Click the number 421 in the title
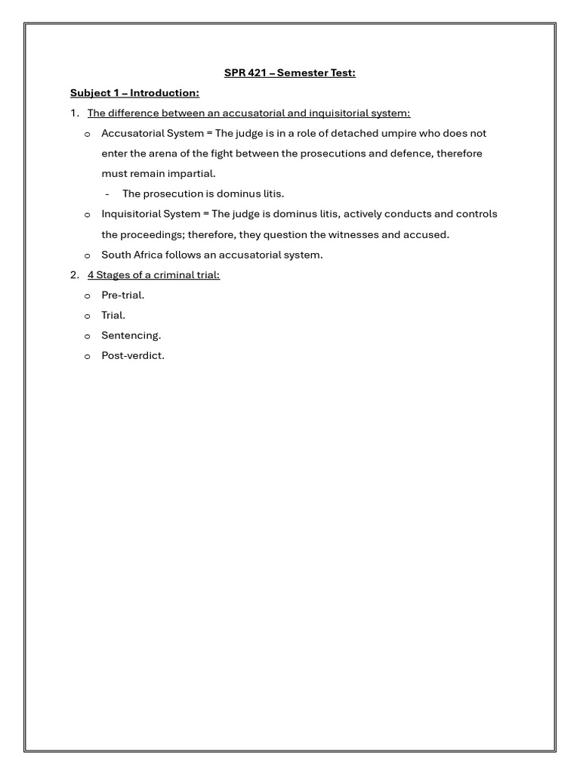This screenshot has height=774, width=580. point(258,73)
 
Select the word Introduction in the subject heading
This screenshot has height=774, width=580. point(165,93)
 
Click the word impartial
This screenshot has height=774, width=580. point(191,174)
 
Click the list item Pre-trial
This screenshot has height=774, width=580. point(122,296)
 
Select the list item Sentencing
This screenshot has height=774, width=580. point(131,336)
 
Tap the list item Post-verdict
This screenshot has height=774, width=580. point(132,356)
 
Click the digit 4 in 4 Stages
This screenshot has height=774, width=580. point(91,275)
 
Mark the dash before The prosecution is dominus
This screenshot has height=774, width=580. point(107,194)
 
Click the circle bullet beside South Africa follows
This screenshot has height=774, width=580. point(87,255)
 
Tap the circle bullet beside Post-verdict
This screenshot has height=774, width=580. point(87,357)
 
